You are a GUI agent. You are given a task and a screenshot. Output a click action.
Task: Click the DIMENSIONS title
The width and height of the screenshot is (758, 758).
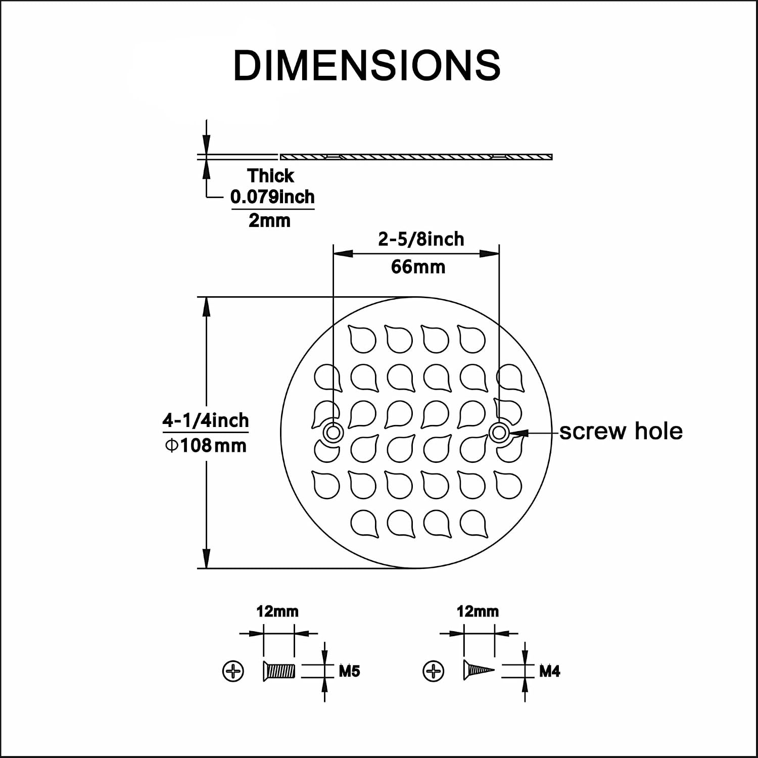367,65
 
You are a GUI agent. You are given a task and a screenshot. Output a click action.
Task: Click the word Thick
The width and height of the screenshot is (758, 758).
270,176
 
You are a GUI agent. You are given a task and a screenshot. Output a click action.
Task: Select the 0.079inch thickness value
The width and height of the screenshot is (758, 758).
272,197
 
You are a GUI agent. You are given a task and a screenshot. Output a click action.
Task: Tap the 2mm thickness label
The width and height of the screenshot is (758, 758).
269,220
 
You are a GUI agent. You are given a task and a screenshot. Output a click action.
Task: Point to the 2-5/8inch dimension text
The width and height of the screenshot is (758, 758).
421,239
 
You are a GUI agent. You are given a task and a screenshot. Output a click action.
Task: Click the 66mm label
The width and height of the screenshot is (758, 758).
418,266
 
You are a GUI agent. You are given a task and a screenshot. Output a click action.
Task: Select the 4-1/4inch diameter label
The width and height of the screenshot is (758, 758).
206,420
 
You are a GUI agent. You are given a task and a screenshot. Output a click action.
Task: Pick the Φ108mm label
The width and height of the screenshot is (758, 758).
206,446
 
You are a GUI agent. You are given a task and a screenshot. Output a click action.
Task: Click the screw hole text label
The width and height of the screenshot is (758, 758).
621,431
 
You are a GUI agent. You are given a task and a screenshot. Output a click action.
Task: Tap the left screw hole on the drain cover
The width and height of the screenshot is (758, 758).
333,433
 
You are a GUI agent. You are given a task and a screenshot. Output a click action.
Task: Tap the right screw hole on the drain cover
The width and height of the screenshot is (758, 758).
499,433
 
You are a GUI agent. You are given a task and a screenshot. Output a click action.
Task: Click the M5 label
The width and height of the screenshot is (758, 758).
349,671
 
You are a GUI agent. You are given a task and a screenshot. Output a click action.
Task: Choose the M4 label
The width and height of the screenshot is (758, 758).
550,671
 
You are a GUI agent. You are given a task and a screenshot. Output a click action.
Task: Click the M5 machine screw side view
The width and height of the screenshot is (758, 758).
279,671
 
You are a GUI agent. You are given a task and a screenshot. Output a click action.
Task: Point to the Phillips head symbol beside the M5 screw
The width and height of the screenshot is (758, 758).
233,671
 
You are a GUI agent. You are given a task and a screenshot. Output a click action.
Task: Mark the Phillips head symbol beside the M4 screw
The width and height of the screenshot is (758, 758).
433,671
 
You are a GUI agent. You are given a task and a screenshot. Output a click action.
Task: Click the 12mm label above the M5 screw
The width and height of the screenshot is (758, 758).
277,611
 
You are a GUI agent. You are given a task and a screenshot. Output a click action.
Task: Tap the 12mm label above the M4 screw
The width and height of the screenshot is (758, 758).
478,611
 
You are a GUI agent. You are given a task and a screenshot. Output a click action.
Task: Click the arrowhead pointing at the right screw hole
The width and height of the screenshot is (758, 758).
518,433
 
